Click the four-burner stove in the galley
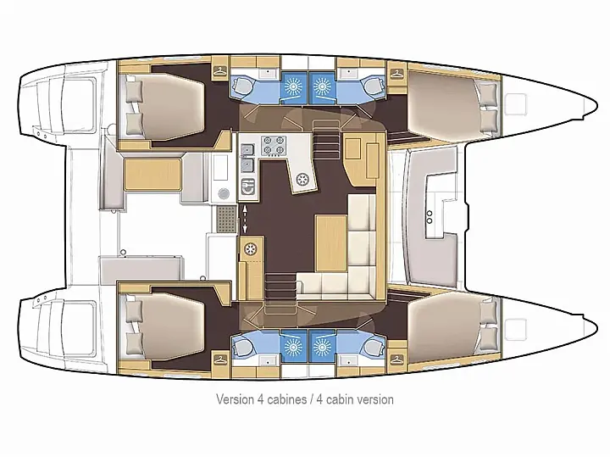tap(274, 147)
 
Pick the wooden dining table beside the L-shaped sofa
tap(331, 237)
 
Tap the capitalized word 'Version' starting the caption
tap(235, 398)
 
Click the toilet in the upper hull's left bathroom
tap(241, 86)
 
